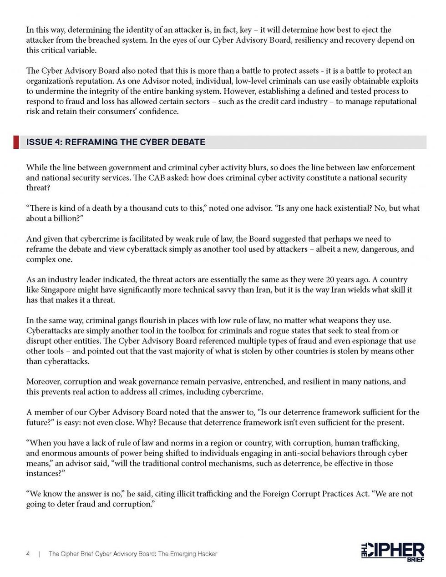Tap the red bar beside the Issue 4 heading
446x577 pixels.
tap(16, 142)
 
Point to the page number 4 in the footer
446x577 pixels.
tap(28, 554)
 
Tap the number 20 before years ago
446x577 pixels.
tap(330, 279)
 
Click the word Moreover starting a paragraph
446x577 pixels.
tap(44, 382)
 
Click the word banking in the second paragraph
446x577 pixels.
tap(174, 91)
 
